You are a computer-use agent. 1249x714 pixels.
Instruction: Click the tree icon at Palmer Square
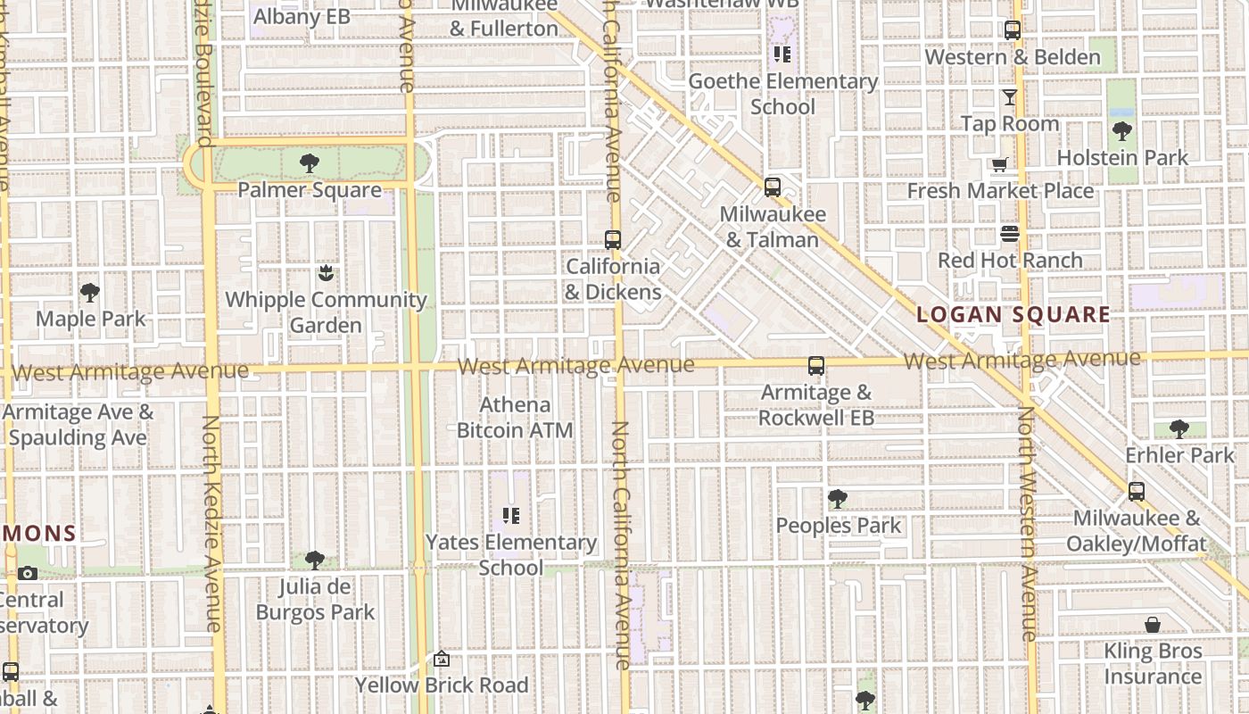(310, 163)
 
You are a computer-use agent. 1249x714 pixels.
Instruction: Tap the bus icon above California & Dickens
(613, 240)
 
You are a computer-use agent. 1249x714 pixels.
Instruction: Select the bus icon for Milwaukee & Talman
(773, 187)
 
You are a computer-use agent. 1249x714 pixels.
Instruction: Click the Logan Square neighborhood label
(1013, 315)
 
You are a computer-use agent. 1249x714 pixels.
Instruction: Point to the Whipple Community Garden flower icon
(326, 273)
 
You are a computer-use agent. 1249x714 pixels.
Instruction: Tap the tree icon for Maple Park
(90, 292)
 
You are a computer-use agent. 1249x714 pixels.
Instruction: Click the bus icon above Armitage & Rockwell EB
(816, 366)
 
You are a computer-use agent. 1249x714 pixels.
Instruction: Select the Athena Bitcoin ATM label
(515, 418)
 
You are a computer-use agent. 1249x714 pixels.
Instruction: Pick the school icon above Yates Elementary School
(511, 516)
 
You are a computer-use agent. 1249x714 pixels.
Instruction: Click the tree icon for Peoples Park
(837, 499)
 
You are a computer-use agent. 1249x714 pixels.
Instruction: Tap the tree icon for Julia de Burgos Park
(314, 560)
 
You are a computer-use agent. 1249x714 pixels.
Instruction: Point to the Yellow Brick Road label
(443, 685)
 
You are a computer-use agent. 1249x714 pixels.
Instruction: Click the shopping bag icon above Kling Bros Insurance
(1153, 625)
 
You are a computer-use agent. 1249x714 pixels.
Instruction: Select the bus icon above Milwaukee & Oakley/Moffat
(1137, 492)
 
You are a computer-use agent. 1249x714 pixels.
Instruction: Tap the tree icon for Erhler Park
(1179, 429)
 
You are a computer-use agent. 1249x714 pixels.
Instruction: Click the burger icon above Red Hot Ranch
(1010, 235)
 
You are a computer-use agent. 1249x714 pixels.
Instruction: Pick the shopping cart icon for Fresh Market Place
(1000, 165)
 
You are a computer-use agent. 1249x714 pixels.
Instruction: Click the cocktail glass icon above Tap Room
(1010, 96)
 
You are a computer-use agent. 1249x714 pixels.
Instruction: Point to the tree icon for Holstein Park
(1122, 132)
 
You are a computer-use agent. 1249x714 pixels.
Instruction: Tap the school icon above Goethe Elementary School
(782, 54)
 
